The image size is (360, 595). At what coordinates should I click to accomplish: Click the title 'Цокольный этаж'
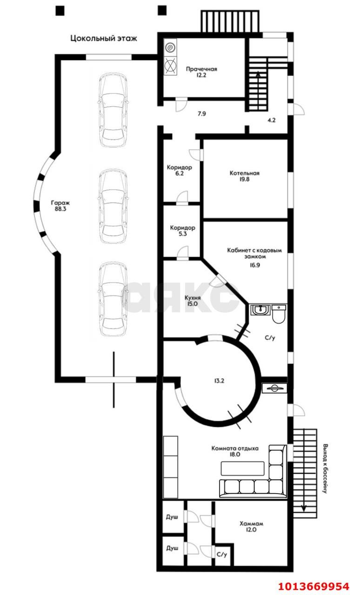(x=104, y=39)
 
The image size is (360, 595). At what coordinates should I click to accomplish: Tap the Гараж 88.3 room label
(x=60, y=206)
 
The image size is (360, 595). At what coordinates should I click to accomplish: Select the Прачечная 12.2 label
(x=201, y=72)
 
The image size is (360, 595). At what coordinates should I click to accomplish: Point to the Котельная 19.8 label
(x=244, y=176)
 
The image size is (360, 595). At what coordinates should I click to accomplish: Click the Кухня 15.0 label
(x=193, y=301)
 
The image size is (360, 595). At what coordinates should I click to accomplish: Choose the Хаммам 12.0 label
(x=251, y=527)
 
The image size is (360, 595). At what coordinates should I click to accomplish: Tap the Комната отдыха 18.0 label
(x=235, y=451)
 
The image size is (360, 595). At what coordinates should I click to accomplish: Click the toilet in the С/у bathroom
(x=279, y=314)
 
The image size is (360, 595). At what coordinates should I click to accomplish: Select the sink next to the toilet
(x=260, y=310)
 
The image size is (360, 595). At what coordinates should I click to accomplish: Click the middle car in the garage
(x=113, y=206)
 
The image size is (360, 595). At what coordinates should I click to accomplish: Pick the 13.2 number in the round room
(x=219, y=381)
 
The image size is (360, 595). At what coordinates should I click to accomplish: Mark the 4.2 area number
(x=272, y=120)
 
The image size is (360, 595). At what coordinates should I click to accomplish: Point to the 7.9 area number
(x=202, y=114)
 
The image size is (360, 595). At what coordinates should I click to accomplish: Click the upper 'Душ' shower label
(x=172, y=517)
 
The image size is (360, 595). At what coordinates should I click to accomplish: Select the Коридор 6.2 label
(x=180, y=170)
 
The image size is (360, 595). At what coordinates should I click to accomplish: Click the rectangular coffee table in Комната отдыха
(x=242, y=468)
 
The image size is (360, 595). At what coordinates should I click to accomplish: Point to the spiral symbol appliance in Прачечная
(x=171, y=48)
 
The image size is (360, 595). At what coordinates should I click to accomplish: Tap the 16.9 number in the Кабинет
(x=255, y=265)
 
